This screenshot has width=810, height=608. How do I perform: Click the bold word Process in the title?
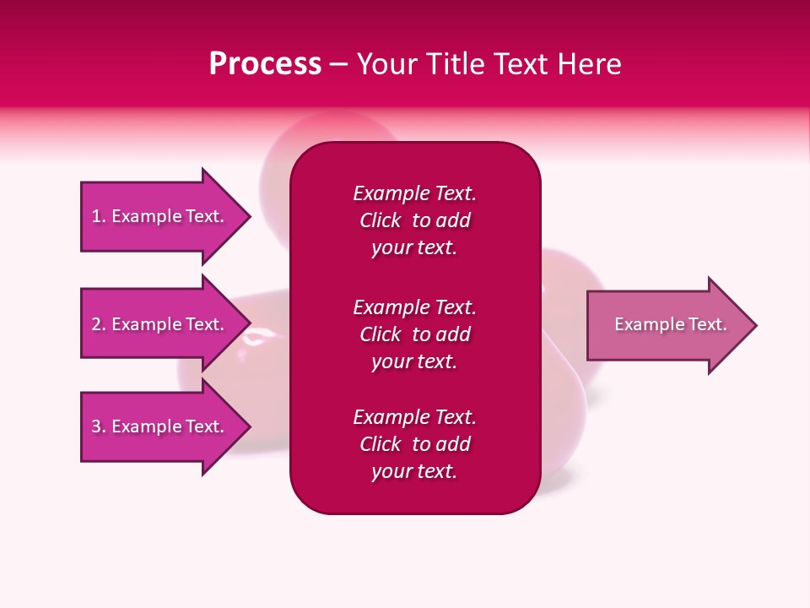pyautogui.click(x=265, y=64)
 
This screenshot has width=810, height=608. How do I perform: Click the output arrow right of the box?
pyautogui.click(x=667, y=325)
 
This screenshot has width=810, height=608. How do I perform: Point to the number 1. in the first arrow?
pyautogui.click(x=99, y=216)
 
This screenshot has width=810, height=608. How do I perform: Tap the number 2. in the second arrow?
pyautogui.click(x=99, y=324)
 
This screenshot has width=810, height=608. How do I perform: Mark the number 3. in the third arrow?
pyautogui.click(x=99, y=426)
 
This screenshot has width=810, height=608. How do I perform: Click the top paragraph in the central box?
pyautogui.click(x=414, y=220)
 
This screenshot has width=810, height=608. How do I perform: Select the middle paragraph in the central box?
pyautogui.click(x=414, y=334)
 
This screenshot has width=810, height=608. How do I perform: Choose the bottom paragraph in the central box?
pyautogui.click(x=414, y=444)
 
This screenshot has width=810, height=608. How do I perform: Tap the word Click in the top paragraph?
pyautogui.click(x=380, y=220)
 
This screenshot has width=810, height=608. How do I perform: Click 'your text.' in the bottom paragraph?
pyautogui.click(x=414, y=471)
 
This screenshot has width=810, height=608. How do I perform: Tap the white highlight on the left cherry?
pyautogui.click(x=252, y=339)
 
